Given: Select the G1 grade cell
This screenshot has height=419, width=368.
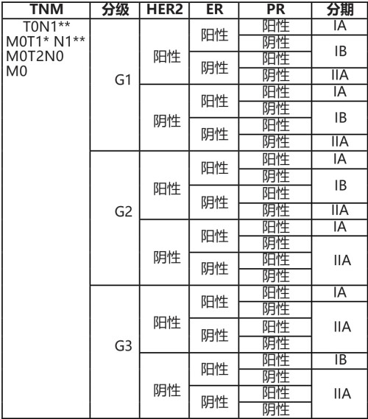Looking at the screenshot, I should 123,80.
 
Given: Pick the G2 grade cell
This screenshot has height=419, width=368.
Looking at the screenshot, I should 123,212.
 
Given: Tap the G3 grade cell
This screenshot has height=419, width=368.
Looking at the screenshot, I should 123,346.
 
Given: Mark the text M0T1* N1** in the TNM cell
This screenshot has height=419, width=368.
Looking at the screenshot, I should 46,42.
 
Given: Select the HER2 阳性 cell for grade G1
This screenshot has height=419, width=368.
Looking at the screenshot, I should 167,52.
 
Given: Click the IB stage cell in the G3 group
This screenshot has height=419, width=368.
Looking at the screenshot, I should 340,360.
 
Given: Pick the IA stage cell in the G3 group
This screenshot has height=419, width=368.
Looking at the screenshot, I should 340,293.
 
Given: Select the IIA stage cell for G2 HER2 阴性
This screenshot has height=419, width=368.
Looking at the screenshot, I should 340,259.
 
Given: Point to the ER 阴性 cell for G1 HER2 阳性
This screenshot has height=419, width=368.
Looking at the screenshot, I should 214,68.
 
